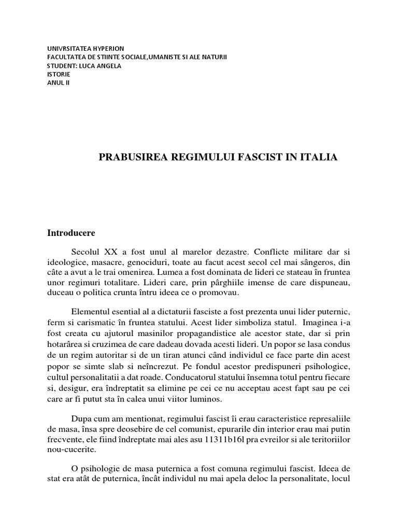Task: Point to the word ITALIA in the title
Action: (318, 157)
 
